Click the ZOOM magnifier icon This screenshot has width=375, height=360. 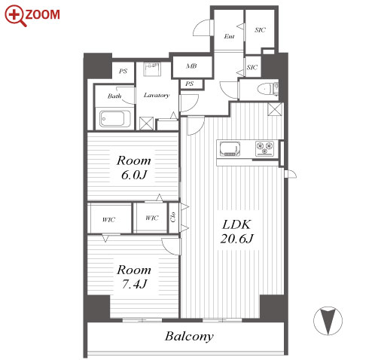15,16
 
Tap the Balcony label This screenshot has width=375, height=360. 189,337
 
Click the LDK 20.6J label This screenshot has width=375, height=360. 236,231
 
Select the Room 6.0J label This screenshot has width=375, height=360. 134,168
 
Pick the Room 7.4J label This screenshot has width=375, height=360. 134,277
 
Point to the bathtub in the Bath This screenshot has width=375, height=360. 115,118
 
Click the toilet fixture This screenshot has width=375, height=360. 267,89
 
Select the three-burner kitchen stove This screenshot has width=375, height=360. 264,148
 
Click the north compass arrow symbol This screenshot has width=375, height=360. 328,321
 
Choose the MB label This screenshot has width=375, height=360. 191,66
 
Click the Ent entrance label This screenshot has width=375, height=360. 229,37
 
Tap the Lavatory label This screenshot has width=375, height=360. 157,95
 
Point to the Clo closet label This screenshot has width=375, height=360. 173,217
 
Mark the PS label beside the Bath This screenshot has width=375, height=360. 123,72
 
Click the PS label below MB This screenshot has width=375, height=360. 190,84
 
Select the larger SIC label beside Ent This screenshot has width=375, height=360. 260,30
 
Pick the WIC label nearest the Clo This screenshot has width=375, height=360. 152,218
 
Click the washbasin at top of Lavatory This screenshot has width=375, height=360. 152,69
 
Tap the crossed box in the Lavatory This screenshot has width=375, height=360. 146,124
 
